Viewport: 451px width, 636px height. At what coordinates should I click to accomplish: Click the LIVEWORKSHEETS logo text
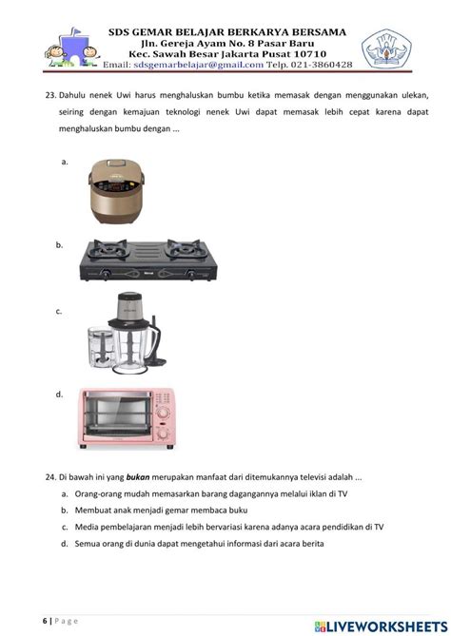[384, 621]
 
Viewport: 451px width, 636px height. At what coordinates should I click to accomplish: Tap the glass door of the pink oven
[116, 419]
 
